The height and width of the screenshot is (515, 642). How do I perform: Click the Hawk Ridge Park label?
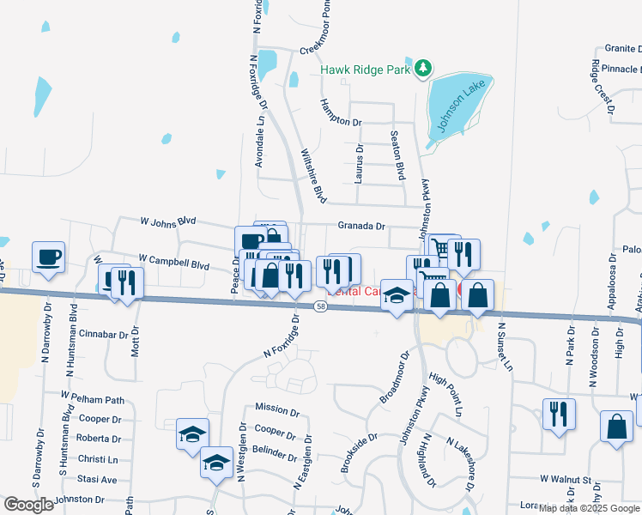(366, 70)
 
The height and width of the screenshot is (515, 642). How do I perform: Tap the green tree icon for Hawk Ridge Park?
(421, 68)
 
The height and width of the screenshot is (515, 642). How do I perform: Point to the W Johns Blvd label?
(175, 221)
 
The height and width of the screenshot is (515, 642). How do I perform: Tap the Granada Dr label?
(361, 226)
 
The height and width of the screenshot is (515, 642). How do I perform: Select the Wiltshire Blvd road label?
(312, 176)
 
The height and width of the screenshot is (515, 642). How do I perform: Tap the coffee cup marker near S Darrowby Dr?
(48, 257)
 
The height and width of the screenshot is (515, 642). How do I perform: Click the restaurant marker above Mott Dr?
(127, 282)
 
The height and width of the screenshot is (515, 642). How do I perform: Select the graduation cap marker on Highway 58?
(396, 296)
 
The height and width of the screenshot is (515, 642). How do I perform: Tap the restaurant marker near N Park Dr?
(559, 415)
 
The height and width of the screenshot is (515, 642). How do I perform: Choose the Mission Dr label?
(276, 409)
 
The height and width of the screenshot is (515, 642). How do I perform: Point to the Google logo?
(29, 505)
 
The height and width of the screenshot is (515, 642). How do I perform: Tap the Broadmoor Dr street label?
(395, 376)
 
